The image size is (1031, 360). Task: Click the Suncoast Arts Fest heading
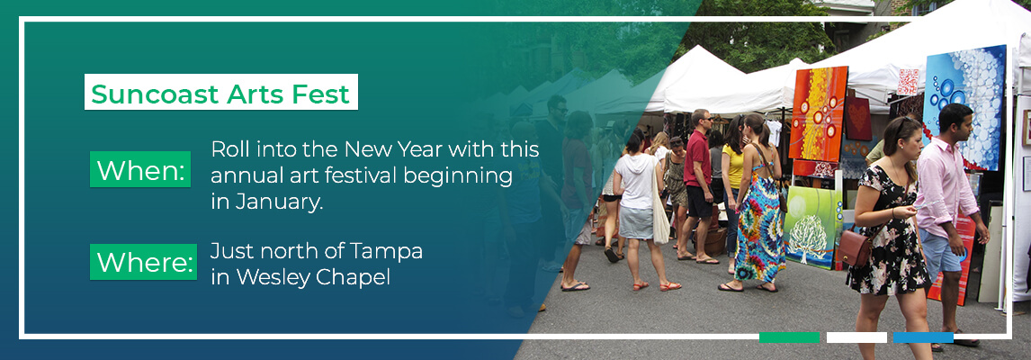pos(221,94)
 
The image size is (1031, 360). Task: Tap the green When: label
pos(140,169)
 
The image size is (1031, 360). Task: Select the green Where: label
pos(143,262)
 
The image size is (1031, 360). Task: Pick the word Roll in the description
pos(230,148)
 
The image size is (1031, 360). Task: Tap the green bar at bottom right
pos(789,338)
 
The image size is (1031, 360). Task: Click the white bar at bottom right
pos(856,338)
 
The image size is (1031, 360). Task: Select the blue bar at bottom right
pos(923,338)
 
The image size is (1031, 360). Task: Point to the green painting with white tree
pos(811,226)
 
